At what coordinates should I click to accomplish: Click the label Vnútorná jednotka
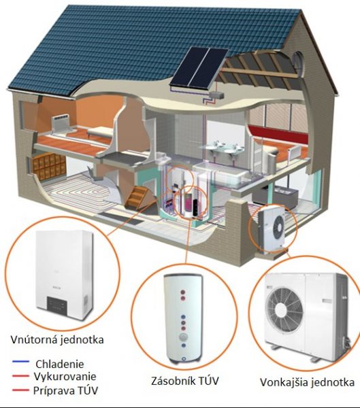coord(57,339)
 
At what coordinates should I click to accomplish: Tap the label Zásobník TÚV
coord(184,381)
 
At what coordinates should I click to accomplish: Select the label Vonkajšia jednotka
coord(307,382)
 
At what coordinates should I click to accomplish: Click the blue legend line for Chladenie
coord(20,362)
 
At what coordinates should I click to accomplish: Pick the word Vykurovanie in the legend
coord(65,377)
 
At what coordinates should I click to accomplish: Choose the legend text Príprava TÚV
coord(65,390)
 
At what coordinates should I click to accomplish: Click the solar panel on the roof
coord(199,67)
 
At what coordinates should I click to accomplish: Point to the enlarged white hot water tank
coord(183,318)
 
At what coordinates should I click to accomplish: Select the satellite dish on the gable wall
coord(298,63)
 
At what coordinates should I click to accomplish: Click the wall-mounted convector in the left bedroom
coord(61,124)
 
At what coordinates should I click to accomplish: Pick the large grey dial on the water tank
coord(184,337)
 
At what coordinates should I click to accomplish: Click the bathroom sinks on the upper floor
coord(227,148)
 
